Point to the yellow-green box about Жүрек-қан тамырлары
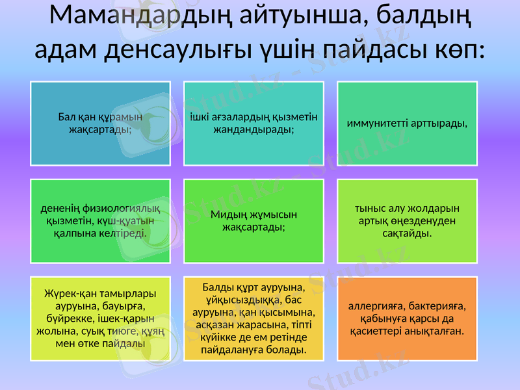100,318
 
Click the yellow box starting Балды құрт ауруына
253,318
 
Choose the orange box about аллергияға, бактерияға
407,318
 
